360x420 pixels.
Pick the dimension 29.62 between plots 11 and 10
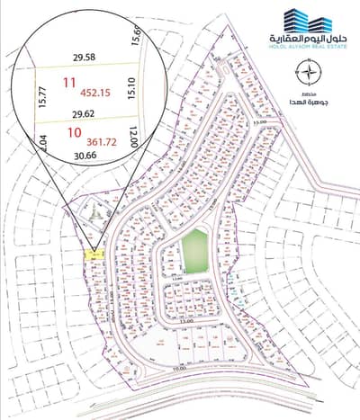(83, 114)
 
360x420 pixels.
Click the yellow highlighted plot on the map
(93, 256)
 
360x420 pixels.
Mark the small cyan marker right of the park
(236, 290)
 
